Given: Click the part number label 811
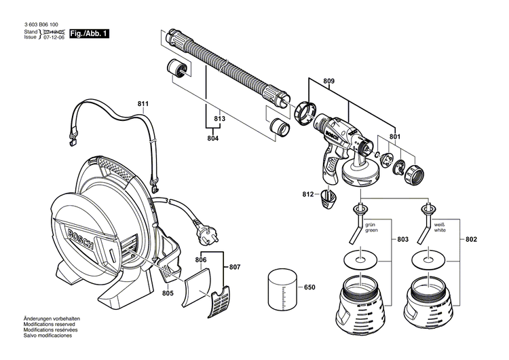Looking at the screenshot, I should tap(143, 104).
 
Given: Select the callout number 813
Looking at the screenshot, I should tap(219, 119).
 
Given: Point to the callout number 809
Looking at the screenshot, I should tap(328, 82).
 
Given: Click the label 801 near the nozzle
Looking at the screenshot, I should tap(395, 137).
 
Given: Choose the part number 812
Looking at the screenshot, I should tap(309, 195).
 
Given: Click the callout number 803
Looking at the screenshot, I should tap(403, 240).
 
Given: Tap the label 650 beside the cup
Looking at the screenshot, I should tap(309, 287).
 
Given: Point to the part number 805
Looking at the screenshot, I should tap(168, 293).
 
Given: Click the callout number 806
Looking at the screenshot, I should tap(200, 259).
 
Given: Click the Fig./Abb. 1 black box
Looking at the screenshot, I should tap(89, 33).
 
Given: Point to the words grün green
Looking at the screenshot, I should tap(372, 227).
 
